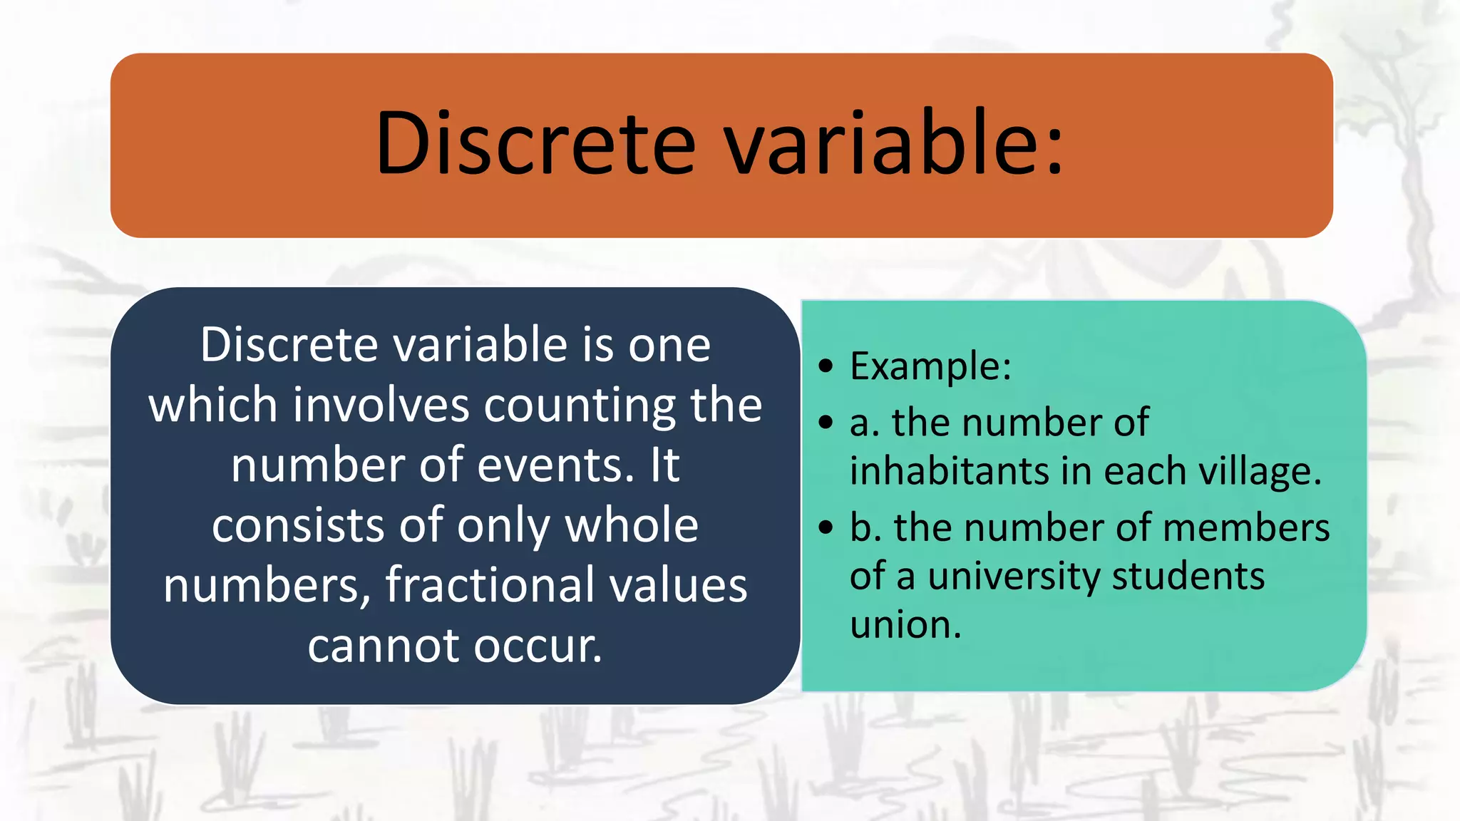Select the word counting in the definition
pos(579,406)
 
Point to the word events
pos(555,465)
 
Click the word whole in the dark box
pos(632,526)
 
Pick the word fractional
pos(487,585)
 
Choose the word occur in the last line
pos(538,646)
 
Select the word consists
pos(299,526)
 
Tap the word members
pos(1246,528)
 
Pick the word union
pos(905,624)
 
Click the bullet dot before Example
pos(826,366)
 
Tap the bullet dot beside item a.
pos(826,423)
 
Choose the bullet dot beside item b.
pos(826,528)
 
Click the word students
pos(1188,576)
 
